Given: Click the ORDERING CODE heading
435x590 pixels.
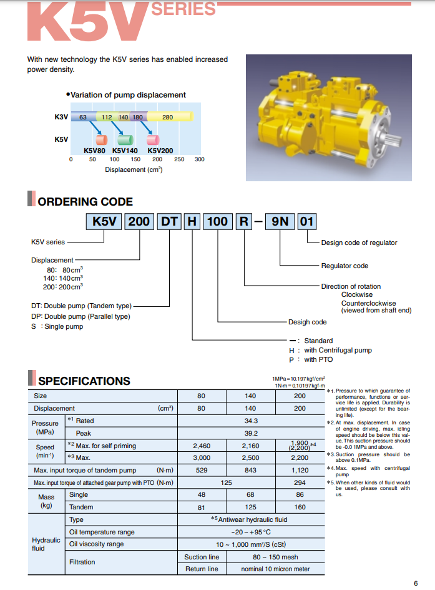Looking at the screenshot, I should [x=85, y=201].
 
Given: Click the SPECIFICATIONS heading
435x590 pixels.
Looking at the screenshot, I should [x=84, y=381].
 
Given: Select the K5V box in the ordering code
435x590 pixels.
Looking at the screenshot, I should [x=104, y=221].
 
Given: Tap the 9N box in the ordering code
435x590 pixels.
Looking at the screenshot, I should [x=278, y=221].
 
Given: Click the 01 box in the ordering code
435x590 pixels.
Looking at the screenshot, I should [x=307, y=221].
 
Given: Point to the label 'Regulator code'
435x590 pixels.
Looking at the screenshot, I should [x=345, y=266].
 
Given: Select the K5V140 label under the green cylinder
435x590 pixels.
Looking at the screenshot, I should [x=125, y=150].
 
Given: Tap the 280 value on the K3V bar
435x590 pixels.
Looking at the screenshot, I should [x=168, y=117].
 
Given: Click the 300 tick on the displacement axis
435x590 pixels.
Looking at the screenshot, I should [x=199, y=159].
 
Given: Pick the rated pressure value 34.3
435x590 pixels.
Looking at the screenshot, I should [x=252, y=421].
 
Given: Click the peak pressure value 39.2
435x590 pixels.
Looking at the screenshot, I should [x=252, y=433].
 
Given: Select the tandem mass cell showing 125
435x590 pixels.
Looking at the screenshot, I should [x=251, y=507].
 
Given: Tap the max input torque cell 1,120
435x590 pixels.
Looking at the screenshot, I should [x=300, y=470].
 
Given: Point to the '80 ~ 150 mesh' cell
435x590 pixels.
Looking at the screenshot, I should [x=275, y=557].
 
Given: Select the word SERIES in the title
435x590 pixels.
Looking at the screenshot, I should [x=183, y=9].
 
